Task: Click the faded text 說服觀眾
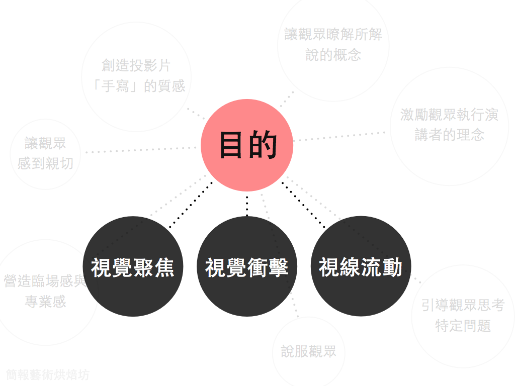tap(308, 351)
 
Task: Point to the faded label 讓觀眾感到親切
tap(45, 153)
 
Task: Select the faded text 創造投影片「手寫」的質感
tap(136, 76)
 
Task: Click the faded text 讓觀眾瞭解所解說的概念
tap(333, 44)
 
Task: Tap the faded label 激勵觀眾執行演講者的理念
tap(449, 125)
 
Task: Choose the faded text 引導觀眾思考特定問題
tap(463, 316)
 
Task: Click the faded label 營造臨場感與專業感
tap(45, 291)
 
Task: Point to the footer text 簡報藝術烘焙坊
tap(48, 375)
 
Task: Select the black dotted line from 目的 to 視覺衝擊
tap(247, 204)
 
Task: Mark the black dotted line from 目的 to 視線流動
tap(303, 205)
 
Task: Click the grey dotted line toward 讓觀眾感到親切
tap(141, 150)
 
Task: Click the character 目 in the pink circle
tap(232, 145)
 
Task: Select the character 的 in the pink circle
tap(263, 145)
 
